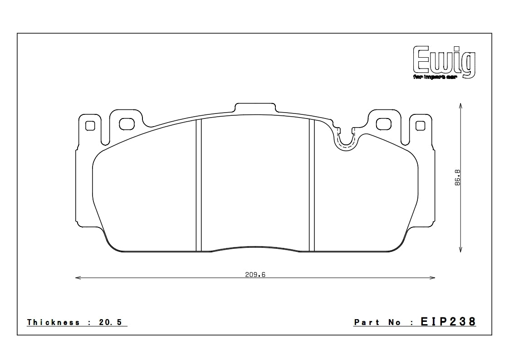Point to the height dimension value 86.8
click(x=457, y=177)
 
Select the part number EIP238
click(x=448, y=322)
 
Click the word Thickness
click(x=54, y=322)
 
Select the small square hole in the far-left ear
click(x=90, y=125)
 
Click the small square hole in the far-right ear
click(x=420, y=125)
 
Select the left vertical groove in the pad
click(x=198, y=185)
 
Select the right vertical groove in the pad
click(x=312, y=185)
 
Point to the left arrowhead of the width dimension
click(x=78, y=277)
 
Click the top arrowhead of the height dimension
click(x=461, y=106)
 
